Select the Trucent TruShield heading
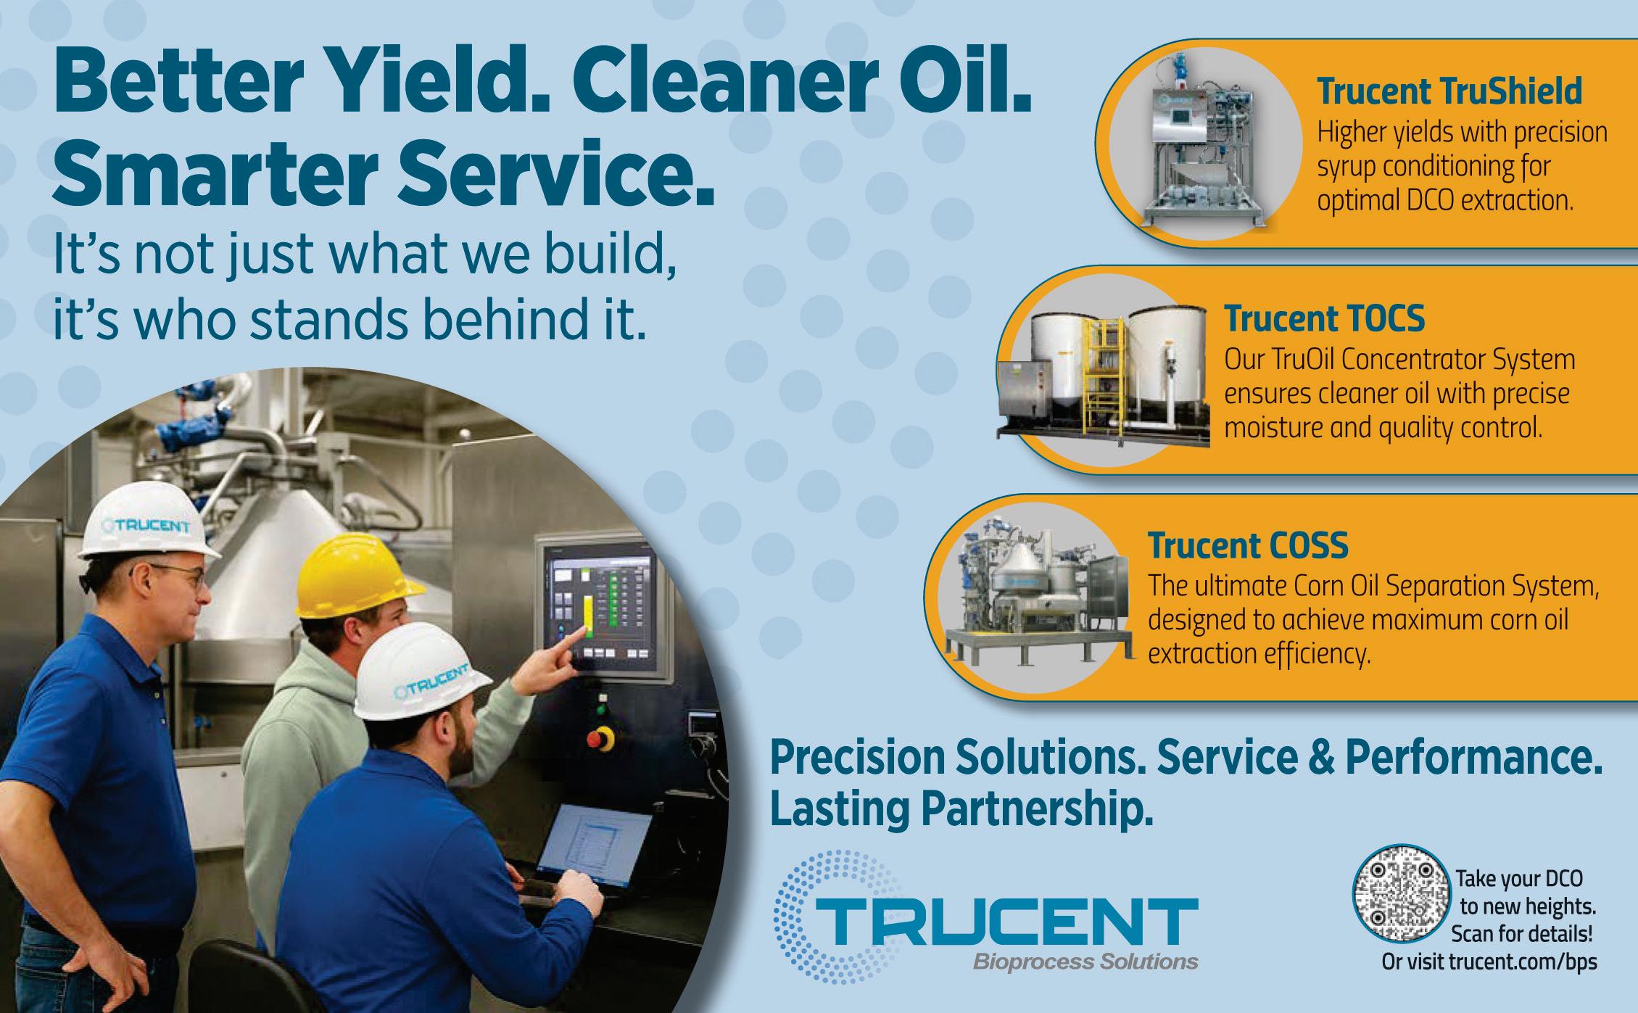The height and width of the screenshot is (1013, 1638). pyautogui.click(x=1449, y=92)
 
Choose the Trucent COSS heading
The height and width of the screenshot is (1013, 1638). pyautogui.click(x=1247, y=546)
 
